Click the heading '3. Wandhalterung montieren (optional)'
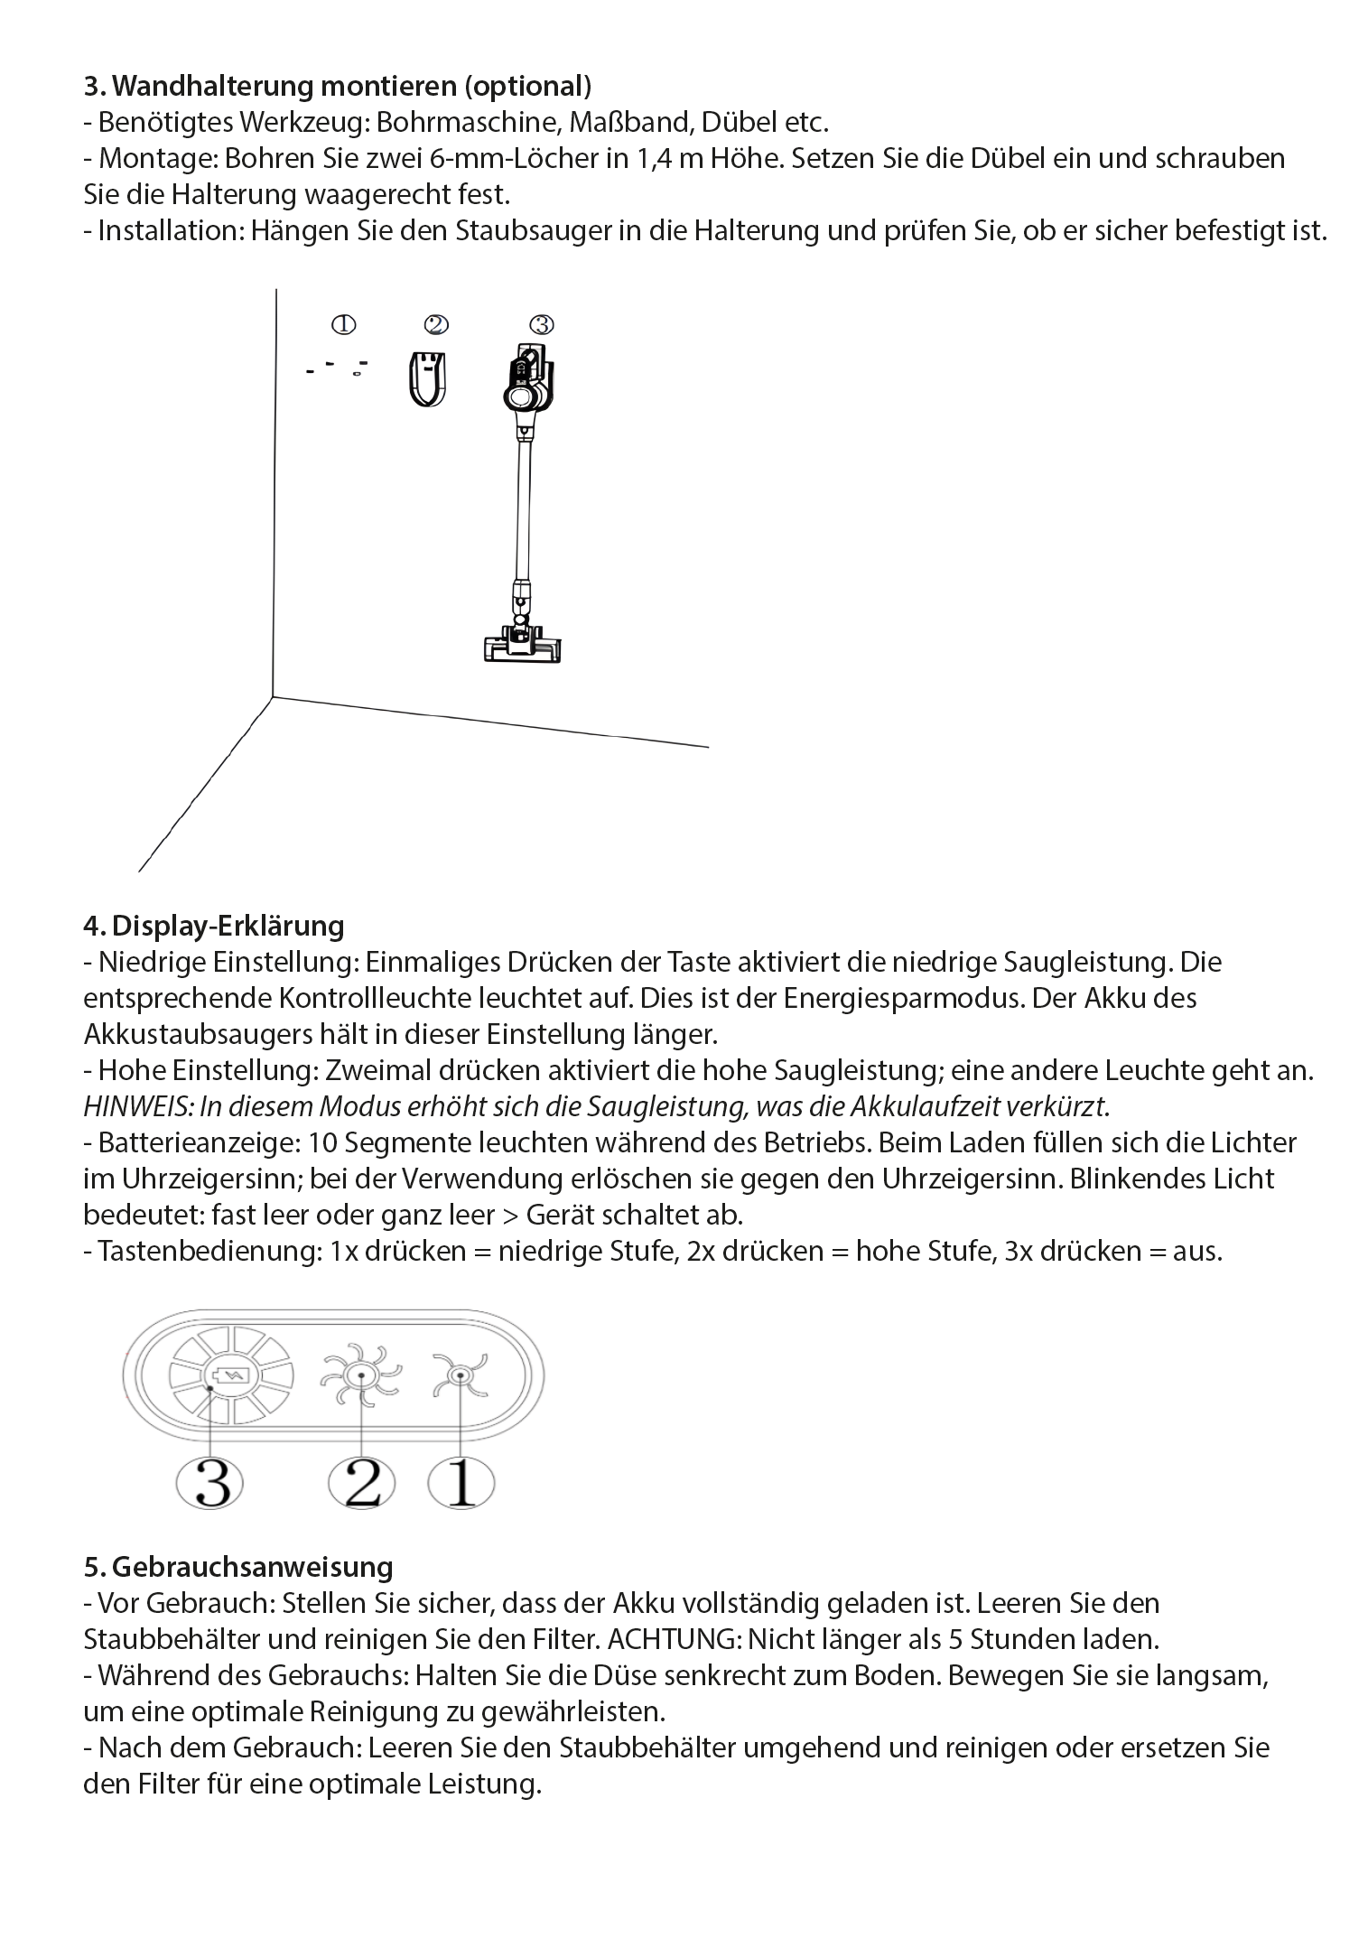tap(338, 86)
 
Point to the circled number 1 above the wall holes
tap(343, 324)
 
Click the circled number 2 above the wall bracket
tap(436, 324)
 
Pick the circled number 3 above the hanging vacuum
tap(541, 324)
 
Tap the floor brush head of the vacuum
tap(524, 643)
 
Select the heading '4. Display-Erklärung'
tap(214, 926)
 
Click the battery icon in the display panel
tap(231, 1375)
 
